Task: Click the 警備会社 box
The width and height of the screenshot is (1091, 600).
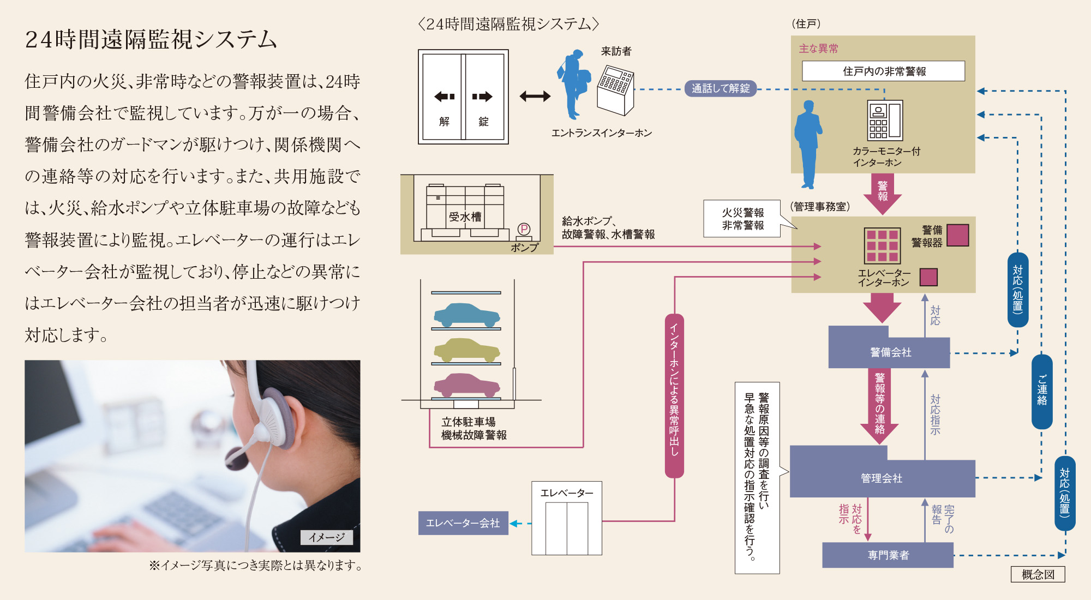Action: coord(890,352)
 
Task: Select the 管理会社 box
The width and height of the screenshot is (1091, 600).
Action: coord(882,478)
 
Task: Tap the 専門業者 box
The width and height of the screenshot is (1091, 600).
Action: coord(888,555)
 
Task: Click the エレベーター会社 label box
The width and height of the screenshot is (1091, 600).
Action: coord(463,523)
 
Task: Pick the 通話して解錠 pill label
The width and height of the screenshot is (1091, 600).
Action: coord(721,88)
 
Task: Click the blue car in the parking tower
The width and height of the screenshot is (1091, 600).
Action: coord(466,315)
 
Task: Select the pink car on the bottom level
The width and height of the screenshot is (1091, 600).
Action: coord(466,385)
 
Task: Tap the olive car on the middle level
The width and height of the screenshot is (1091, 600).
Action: coord(466,350)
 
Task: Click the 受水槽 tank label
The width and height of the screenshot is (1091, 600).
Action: coord(465,217)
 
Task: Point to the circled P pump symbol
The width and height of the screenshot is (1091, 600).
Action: coord(524,230)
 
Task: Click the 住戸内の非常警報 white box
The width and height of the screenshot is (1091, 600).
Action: coord(883,71)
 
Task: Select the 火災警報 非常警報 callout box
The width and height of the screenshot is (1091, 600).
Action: coord(742,219)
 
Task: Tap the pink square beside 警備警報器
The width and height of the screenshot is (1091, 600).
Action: coord(958,235)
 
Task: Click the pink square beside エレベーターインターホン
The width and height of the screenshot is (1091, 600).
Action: coord(928,277)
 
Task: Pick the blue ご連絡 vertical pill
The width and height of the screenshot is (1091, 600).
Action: coord(1042,391)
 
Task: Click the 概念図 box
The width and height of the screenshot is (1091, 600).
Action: coord(1038,574)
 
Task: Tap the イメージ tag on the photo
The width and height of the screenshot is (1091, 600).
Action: coord(326,537)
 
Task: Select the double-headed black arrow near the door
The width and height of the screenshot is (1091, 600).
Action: coord(535,97)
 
